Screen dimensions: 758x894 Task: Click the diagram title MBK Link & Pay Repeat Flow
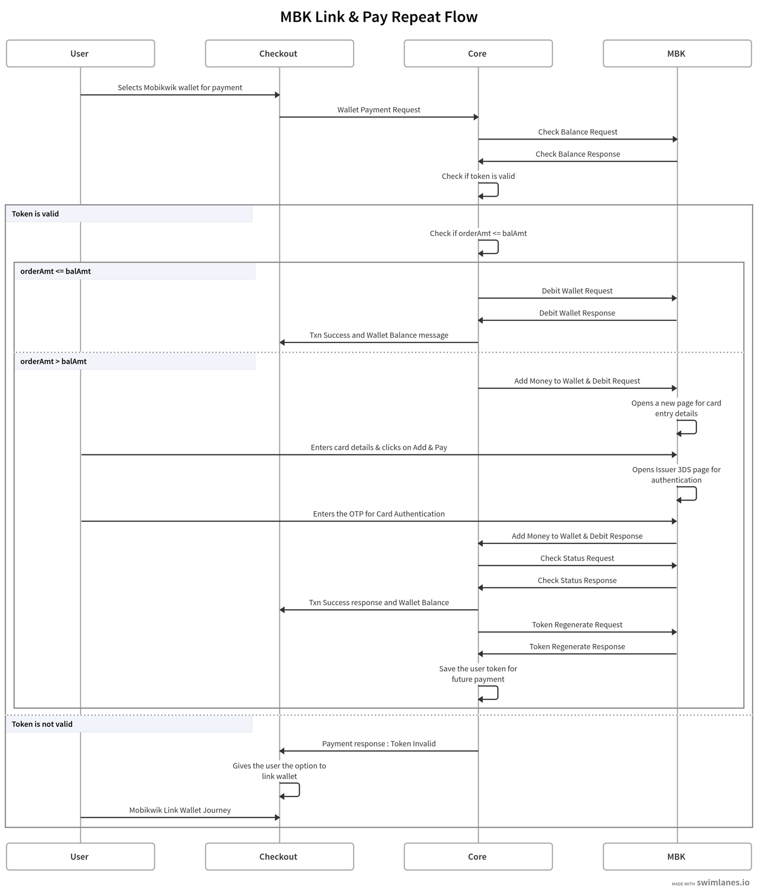click(378, 17)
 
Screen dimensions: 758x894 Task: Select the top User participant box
click(81, 54)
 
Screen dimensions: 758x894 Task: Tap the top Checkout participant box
click(279, 54)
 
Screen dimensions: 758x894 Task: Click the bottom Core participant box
click(478, 856)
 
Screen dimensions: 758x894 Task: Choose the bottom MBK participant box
click(677, 856)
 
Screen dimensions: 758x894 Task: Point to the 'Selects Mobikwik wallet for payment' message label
click(180, 87)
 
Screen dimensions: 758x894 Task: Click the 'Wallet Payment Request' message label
click(378, 110)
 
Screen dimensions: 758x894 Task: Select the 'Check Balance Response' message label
click(578, 154)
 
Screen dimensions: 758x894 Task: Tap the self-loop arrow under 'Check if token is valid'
click(498, 190)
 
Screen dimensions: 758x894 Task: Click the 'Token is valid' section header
click(35, 214)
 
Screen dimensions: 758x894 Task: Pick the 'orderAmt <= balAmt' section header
click(56, 271)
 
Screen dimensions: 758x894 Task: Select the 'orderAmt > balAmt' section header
click(54, 361)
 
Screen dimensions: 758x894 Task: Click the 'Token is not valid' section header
click(42, 724)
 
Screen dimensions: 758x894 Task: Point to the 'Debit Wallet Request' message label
click(577, 291)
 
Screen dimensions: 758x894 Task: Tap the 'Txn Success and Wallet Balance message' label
click(379, 335)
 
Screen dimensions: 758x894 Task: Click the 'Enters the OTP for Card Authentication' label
click(379, 514)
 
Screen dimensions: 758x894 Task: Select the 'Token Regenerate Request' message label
click(577, 625)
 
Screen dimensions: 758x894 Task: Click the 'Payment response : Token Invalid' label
click(379, 743)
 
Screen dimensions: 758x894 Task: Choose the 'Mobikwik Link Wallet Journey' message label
click(180, 810)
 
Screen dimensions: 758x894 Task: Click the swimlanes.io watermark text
click(723, 882)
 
